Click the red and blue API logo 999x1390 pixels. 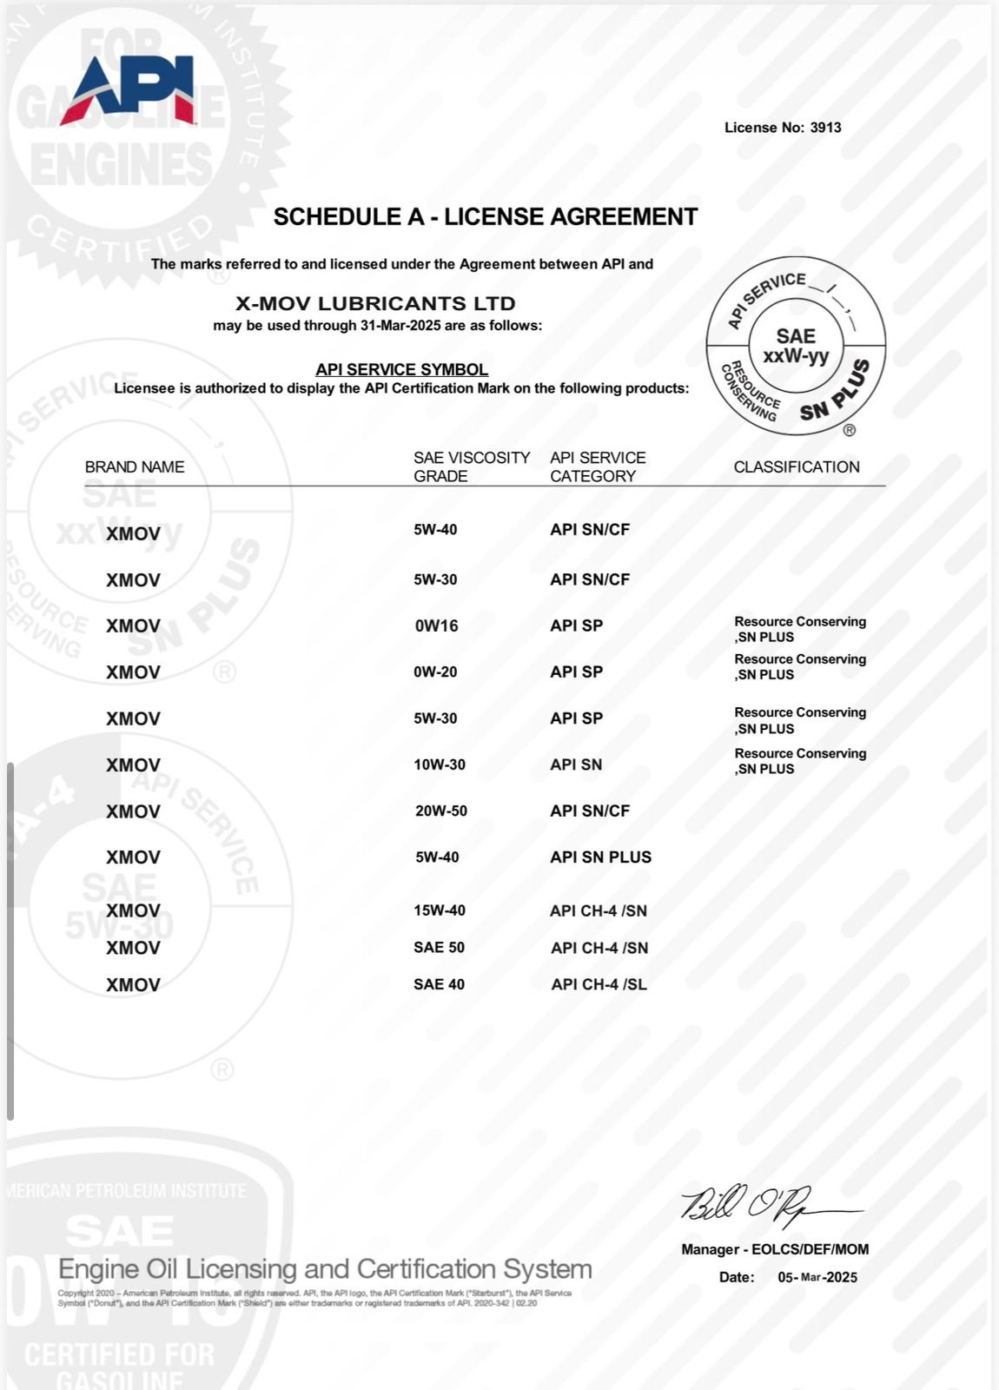click(129, 89)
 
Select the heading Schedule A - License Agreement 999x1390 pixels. click(486, 217)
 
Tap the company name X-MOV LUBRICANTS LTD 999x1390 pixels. click(376, 304)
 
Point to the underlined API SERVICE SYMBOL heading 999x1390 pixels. click(401, 369)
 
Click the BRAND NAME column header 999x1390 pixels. click(135, 467)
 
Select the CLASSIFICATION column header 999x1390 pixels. click(797, 467)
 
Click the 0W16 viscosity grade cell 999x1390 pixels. click(436, 625)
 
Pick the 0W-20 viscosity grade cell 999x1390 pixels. click(436, 672)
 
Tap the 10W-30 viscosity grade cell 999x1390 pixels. click(440, 764)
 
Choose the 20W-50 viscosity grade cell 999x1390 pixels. click(441, 811)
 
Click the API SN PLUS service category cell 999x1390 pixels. click(600, 857)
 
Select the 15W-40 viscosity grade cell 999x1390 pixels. click(440, 910)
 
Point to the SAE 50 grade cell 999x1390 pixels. click(439, 947)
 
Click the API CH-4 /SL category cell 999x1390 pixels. click(599, 984)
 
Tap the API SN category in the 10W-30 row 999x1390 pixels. click(576, 764)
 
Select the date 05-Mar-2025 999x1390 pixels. click(817, 1277)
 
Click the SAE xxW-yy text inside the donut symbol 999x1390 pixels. click(796, 346)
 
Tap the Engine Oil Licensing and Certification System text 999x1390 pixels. click(325, 1269)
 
